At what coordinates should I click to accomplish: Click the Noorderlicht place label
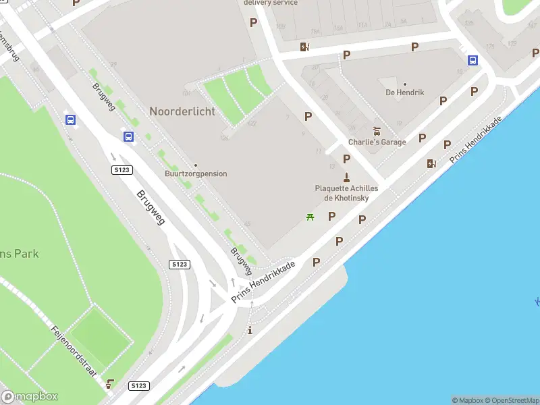(x=182, y=111)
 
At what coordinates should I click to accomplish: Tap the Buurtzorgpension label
(x=196, y=174)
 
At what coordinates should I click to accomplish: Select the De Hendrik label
(x=405, y=92)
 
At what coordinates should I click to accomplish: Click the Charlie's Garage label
(x=377, y=142)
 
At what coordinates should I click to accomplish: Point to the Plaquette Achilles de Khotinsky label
(x=346, y=193)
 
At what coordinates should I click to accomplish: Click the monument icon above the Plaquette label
(x=346, y=178)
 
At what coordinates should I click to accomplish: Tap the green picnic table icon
(x=310, y=217)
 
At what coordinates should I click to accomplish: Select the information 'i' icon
(x=250, y=330)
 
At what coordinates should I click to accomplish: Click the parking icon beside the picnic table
(x=331, y=217)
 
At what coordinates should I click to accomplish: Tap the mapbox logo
(x=30, y=397)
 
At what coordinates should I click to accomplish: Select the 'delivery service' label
(x=270, y=3)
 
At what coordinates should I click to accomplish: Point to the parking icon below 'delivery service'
(x=254, y=22)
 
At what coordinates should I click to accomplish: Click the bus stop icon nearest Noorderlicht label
(x=128, y=136)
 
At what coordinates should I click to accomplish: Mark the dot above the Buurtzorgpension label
(x=196, y=165)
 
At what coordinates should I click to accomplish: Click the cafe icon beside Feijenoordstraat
(x=110, y=384)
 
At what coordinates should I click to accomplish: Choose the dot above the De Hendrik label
(x=405, y=84)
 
